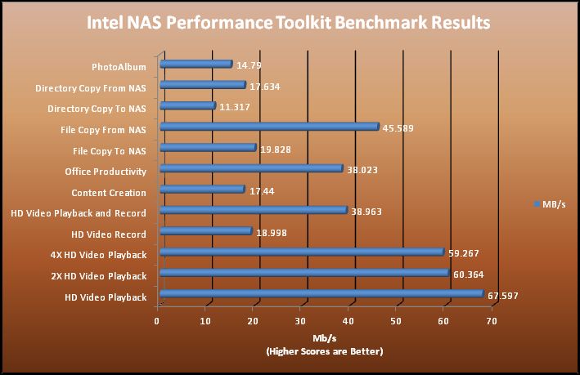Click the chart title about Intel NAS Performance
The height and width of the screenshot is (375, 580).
click(x=290, y=22)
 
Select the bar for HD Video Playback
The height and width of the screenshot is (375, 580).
click(x=323, y=294)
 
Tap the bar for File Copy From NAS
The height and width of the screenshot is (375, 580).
click(x=270, y=127)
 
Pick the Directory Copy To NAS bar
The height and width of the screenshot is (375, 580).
click(x=187, y=105)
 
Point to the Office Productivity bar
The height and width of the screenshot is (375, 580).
click(x=251, y=168)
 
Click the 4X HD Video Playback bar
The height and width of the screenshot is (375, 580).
click(x=302, y=252)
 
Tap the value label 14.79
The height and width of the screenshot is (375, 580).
click(x=250, y=65)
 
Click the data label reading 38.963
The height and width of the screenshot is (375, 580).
click(x=366, y=211)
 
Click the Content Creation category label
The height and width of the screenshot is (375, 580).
click(x=109, y=193)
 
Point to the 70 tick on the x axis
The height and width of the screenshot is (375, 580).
click(x=492, y=321)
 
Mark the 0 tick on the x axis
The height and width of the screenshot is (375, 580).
click(x=157, y=321)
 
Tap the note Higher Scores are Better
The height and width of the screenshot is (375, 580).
click(x=324, y=351)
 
